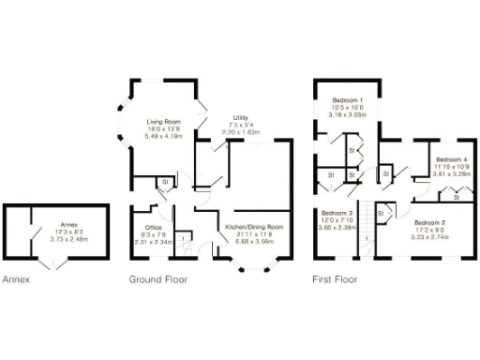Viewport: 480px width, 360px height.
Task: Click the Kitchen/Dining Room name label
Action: [x=256, y=227]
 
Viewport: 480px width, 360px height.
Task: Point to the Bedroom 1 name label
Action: [x=347, y=98]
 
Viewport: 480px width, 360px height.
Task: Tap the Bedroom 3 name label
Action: [x=335, y=213]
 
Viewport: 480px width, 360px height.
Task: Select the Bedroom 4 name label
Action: [x=453, y=159]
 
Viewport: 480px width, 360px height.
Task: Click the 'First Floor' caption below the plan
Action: [x=334, y=279]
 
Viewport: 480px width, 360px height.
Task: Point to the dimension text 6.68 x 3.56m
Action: [x=256, y=241]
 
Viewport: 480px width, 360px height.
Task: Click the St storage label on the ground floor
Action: [x=164, y=182]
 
